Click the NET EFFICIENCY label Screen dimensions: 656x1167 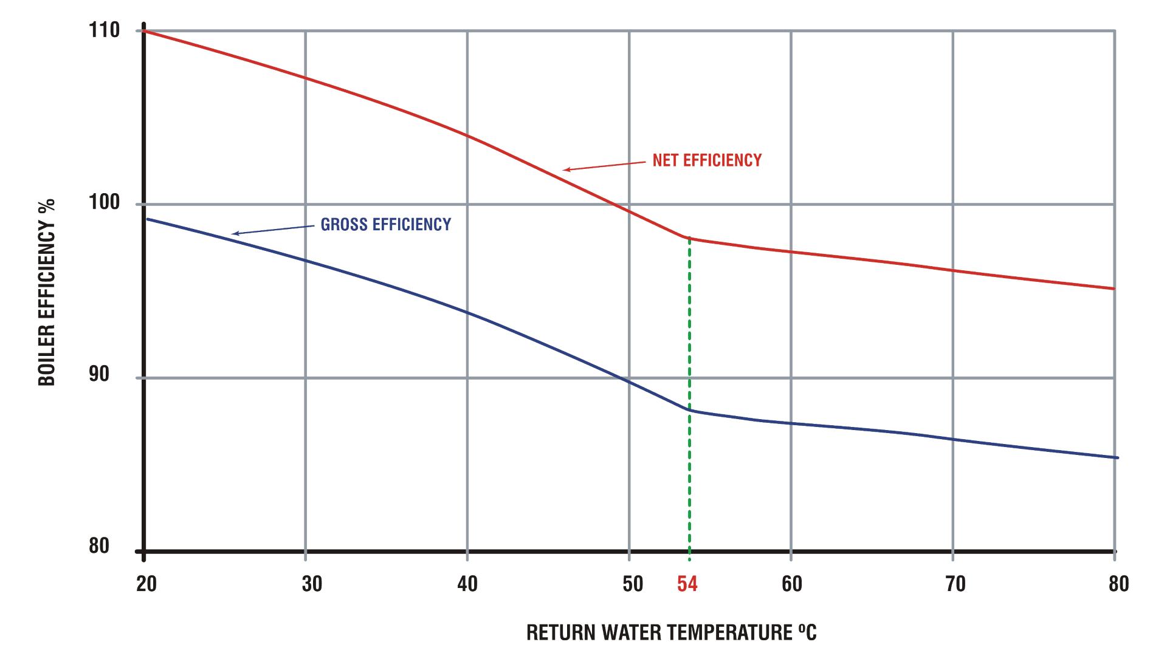707,160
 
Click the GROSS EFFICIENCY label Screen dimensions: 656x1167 386,225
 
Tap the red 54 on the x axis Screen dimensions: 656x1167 687,584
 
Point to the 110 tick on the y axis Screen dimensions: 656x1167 105,30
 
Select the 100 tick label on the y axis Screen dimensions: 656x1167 105,202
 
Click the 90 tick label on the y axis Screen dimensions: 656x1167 99,374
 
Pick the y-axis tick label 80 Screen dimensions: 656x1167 99,546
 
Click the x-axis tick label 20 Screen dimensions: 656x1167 146,584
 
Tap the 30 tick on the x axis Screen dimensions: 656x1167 312,584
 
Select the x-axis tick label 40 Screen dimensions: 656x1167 467,584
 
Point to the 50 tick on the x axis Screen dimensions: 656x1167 633,584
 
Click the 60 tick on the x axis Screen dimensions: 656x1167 792,584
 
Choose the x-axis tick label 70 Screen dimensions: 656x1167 955,584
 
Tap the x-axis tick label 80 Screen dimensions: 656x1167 1118,584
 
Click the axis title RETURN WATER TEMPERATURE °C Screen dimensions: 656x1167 671,633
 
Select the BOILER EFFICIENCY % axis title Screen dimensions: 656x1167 47,292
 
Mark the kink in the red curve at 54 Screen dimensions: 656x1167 689,238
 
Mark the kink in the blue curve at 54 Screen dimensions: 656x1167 689,411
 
